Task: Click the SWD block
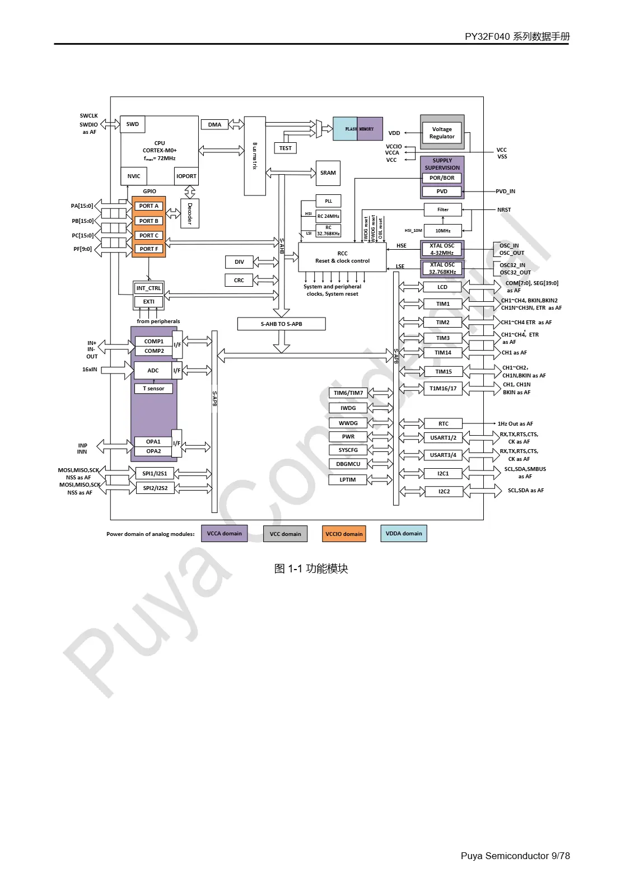tap(133, 124)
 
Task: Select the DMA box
tap(214, 124)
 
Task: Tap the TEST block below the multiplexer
tap(285, 148)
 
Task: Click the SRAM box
tap(328, 173)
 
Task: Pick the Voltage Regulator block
tap(442, 133)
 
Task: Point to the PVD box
tap(442, 191)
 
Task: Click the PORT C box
tap(149, 235)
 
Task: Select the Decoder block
tap(190, 213)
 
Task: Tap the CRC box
tap(239, 280)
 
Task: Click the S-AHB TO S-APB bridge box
tap(281, 324)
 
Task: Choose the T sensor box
tap(153, 388)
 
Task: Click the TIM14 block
tap(443, 353)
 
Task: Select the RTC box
tap(443, 424)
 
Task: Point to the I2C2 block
tap(444, 491)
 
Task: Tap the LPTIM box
tap(348, 479)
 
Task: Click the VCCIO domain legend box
tap(344, 534)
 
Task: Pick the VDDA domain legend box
tap(404, 533)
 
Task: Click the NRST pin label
tap(504, 209)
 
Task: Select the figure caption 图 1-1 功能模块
tap(311, 568)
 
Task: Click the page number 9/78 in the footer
tap(561, 856)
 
